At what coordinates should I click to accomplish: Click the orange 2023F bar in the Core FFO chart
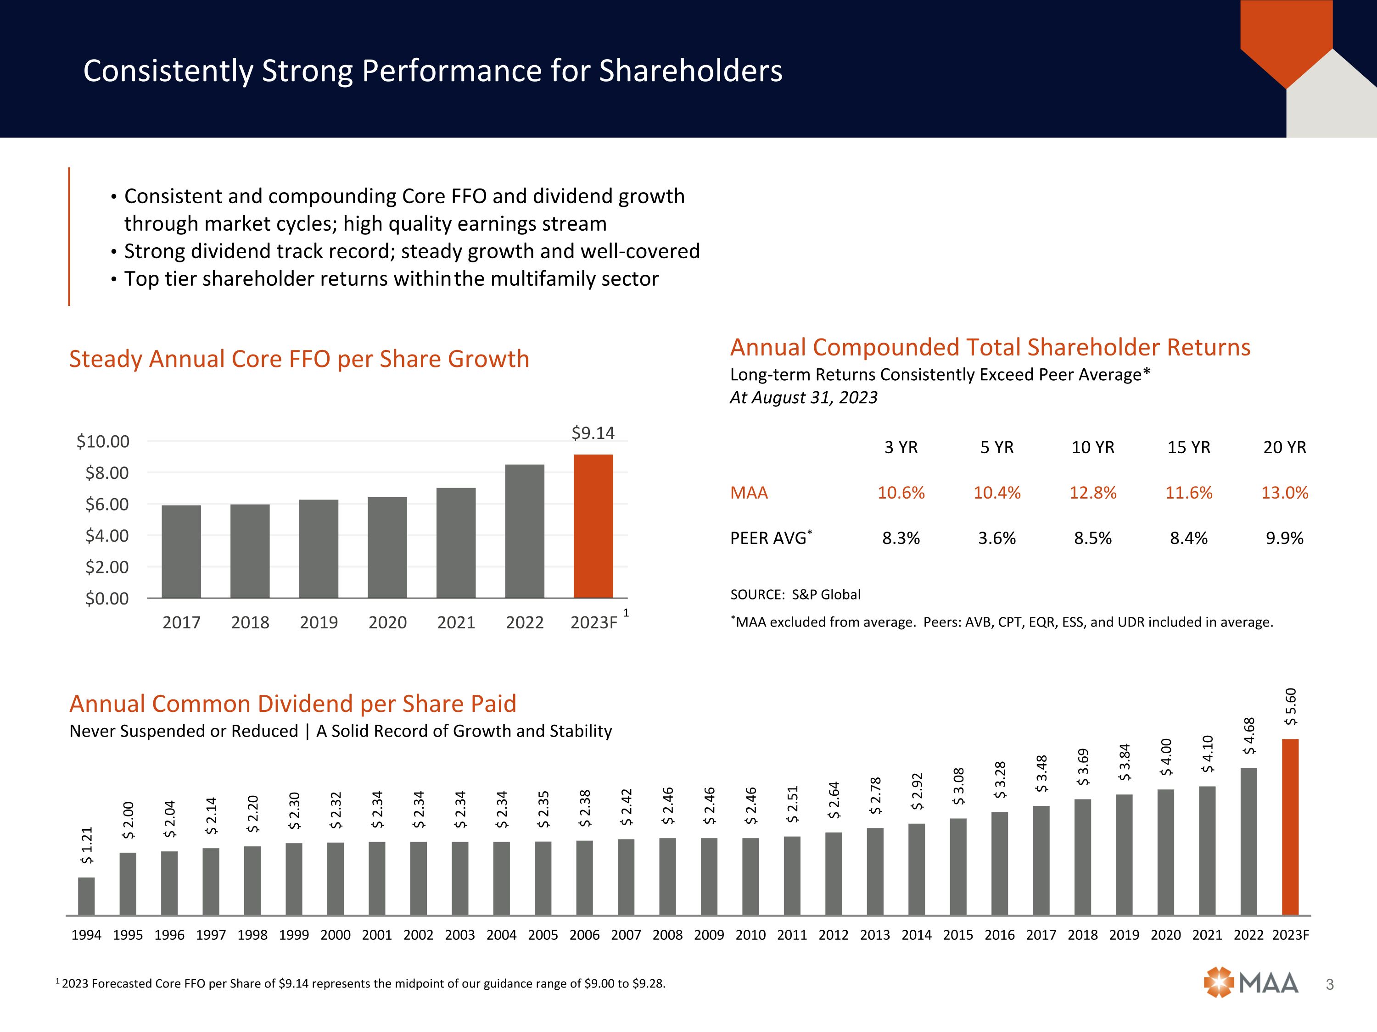tap(593, 526)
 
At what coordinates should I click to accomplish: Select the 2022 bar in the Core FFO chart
tap(525, 531)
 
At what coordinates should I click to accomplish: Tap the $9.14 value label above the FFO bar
tap(593, 433)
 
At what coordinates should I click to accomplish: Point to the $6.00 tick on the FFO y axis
tap(107, 505)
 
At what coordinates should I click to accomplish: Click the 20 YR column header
tap(1284, 448)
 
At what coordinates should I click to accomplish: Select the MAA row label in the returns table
tap(749, 493)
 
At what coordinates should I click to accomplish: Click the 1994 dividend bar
tap(87, 896)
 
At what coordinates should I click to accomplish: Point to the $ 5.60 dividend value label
tap(1291, 707)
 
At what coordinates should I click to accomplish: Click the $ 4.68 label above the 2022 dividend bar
tap(1249, 736)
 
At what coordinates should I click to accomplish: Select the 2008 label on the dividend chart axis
tap(667, 935)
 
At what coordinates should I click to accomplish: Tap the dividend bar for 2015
tap(958, 866)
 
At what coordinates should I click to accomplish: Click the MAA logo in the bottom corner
tap(1251, 983)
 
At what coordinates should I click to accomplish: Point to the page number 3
tap(1330, 985)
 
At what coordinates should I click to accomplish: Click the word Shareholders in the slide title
tap(690, 71)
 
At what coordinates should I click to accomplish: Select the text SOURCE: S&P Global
tap(795, 595)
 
